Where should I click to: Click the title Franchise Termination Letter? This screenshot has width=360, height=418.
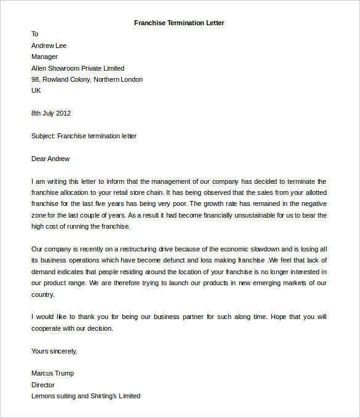tap(179, 23)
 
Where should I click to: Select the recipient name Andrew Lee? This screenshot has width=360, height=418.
tap(49, 45)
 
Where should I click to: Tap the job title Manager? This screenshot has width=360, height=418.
tap(44, 57)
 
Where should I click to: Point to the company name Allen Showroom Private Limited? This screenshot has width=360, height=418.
tap(78, 68)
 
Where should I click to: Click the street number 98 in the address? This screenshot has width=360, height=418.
tap(35, 79)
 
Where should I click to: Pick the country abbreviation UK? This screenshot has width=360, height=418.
tap(36, 90)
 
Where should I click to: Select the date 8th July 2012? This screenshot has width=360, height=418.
tap(51, 113)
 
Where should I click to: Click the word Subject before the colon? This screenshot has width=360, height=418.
tap(42, 136)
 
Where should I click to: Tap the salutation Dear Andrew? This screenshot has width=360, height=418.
tap(50, 159)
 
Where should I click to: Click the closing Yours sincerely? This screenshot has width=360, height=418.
tap(54, 351)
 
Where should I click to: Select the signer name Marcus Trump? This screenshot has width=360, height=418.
tap(52, 373)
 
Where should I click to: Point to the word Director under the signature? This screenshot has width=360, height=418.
tap(43, 385)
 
